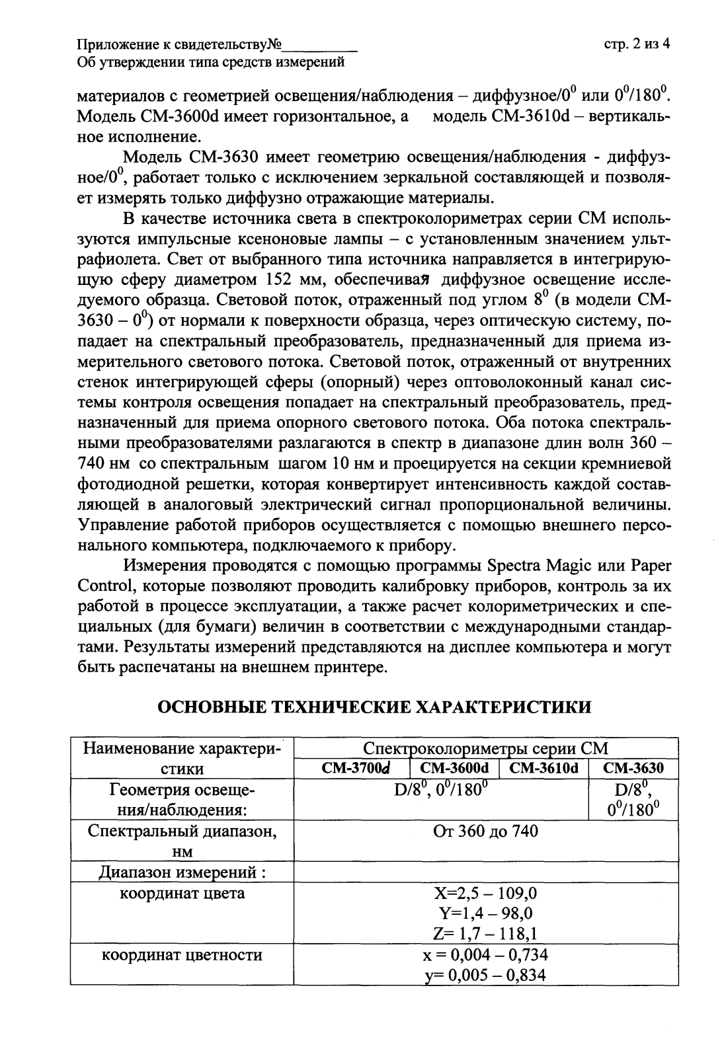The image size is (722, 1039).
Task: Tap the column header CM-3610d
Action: coord(544,769)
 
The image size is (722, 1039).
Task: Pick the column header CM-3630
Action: coord(633,769)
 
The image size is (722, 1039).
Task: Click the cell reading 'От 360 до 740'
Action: coord(485,831)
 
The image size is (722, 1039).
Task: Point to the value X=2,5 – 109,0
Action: coord(485,894)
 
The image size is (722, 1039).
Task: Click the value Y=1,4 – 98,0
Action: coord(485,914)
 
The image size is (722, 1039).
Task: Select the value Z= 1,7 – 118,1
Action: coord(485,934)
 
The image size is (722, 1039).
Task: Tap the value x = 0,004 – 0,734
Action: coord(485,955)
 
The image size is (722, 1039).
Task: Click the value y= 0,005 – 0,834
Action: coord(485,975)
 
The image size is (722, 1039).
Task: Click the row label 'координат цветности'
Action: coord(181,955)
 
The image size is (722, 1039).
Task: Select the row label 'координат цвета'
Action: coord(181,894)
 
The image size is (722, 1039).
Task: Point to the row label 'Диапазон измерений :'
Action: coord(182,873)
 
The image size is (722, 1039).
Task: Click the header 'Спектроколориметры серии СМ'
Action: coord(485,749)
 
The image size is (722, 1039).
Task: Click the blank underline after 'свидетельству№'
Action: coord(320,46)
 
